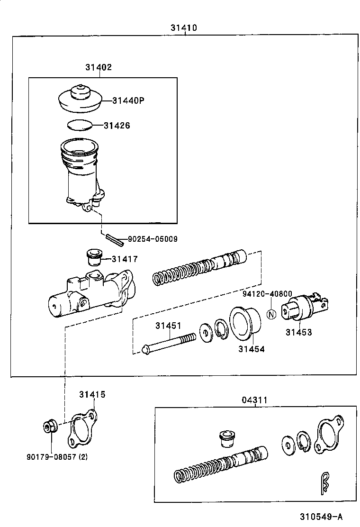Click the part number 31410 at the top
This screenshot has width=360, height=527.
point(184,28)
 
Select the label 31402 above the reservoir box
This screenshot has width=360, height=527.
point(99,67)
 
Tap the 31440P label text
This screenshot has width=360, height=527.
point(128,100)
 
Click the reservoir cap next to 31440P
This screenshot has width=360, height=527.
point(80,99)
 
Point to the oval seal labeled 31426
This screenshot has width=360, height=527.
point(78,125)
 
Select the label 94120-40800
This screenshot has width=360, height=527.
point(267,294)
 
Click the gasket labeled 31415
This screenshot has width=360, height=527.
point(83,428)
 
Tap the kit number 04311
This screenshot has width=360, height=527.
point(255,400)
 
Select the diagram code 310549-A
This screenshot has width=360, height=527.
point(320,516)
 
